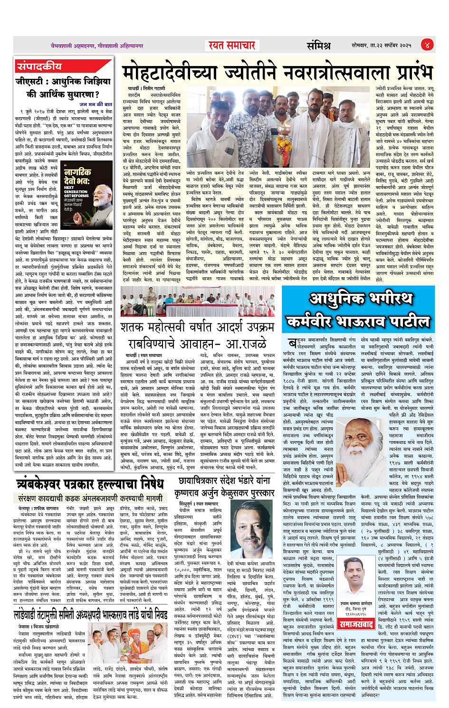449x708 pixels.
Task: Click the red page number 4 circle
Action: pyautogui.click(x=427, y=45)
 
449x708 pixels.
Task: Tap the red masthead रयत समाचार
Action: pyautogui.click(x=232, y=45)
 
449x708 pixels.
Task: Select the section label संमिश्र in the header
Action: pyautogui.click(x=318, y=46)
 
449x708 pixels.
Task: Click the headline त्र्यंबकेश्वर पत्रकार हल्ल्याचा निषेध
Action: pyautogui.click(x=89, y=485)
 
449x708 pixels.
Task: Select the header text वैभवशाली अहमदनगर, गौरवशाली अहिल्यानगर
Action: pyautogui.click(x=97, y=46)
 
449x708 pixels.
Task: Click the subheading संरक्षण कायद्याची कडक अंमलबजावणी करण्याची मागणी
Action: pyautogui.click(x=90, y=499)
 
